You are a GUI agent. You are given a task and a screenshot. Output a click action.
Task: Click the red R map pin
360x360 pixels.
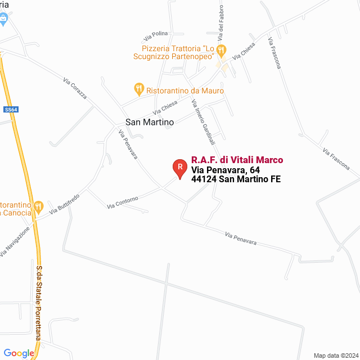coord(179,167)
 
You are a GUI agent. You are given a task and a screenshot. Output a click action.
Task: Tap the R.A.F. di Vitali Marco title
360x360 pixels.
coord(237,160)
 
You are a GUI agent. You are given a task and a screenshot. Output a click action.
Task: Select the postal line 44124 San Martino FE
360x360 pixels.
coord(236,179)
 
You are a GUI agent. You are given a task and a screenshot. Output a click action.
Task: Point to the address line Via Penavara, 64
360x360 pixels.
coord(225,170)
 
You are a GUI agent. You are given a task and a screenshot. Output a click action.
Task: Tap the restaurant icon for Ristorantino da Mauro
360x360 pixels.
coord(138,89)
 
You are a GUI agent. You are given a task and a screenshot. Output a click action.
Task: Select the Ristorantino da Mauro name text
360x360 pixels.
coord(185,91)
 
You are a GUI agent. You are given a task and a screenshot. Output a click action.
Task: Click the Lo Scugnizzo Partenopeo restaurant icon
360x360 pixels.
coord(221,50)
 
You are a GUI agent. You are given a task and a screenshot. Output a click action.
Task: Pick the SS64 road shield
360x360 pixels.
coord(11,110)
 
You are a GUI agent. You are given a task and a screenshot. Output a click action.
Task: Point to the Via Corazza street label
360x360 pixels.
coord(75,89)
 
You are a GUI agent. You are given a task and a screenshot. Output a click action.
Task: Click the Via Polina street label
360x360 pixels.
coord(156,35)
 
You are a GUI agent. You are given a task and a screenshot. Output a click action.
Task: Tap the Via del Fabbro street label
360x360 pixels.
coord(221,25)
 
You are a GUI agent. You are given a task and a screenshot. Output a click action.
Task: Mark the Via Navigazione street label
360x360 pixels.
coord(14,242)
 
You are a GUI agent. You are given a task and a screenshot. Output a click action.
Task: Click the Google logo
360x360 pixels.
coord(19,353)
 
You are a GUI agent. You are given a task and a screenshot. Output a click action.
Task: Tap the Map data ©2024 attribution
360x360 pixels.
coord(335,355)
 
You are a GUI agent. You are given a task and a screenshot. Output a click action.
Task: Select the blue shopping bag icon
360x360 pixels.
coord(4,19)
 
